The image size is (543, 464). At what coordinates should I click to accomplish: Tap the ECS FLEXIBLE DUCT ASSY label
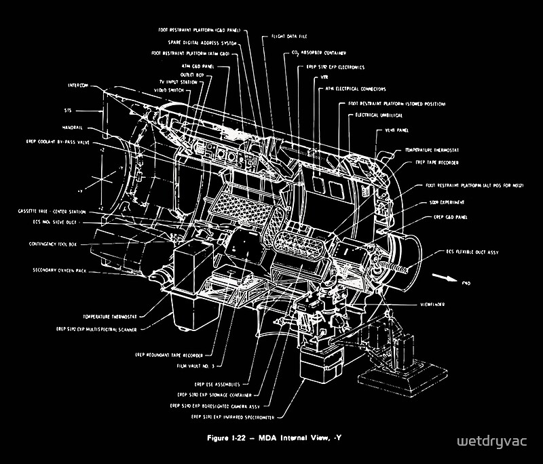[472, 252]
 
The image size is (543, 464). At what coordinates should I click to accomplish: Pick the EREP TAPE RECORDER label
[436, 163]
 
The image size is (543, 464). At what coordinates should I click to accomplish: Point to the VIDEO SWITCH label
[169, 90]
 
